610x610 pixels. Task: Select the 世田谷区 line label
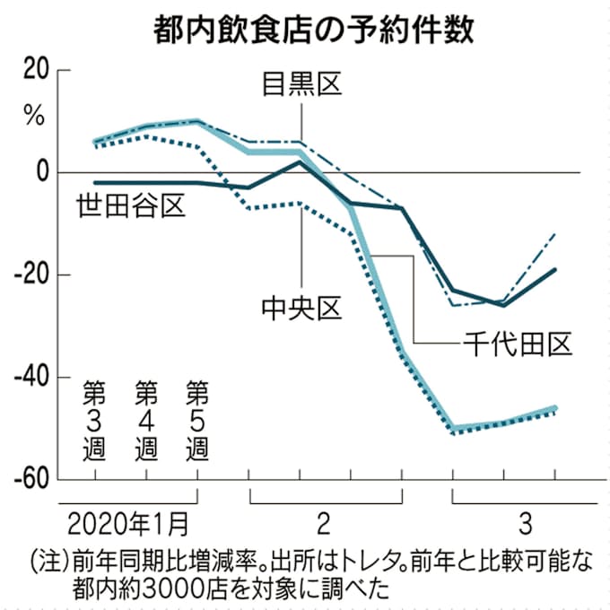(130, 206)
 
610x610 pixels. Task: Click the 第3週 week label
(94, 421)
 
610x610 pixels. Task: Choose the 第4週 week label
(145, 421)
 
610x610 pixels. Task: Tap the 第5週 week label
(196, 421)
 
